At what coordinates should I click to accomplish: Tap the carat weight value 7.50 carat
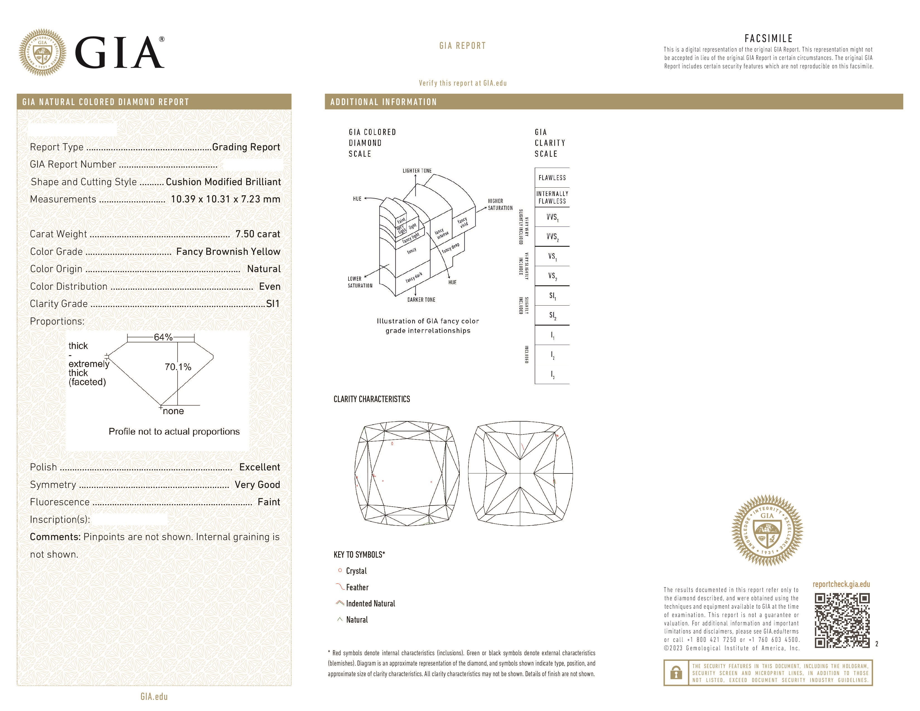point(257,234)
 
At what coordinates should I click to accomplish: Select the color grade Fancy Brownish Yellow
point(228,251)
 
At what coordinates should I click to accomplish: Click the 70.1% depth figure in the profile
point(178,367)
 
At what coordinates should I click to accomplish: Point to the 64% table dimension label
point(163,337)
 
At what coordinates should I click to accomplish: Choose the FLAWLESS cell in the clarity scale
point(552,178)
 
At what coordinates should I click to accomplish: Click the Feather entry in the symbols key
point(357,587)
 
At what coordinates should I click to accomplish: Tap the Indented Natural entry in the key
point(370,604)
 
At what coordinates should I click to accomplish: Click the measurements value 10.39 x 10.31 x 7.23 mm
point(225,199)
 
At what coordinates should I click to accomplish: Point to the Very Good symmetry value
point(257,485)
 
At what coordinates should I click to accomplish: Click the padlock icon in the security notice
point(676,673)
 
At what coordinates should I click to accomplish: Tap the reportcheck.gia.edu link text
point(841,584)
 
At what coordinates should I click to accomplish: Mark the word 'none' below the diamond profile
point(173,411)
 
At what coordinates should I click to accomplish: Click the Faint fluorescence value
point(269,502)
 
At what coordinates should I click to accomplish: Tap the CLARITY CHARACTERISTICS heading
point(372,399)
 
